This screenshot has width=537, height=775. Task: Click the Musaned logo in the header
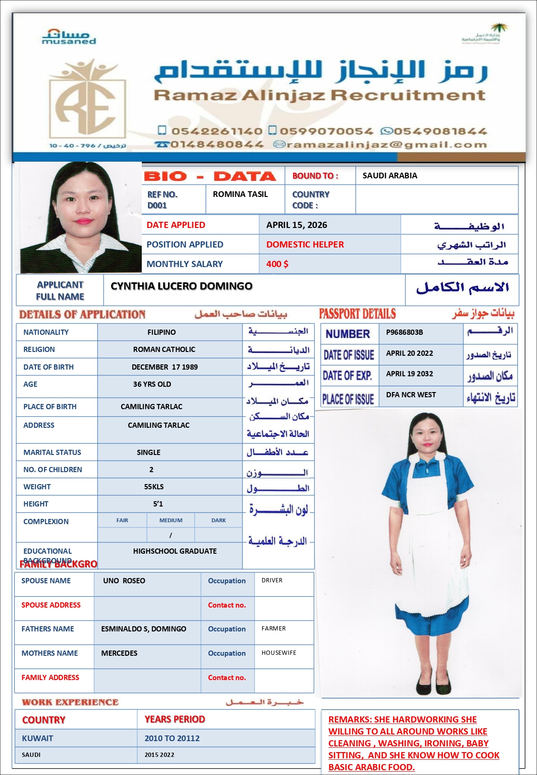click(69, 36)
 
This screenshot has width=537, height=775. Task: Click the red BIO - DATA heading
click(211, 176)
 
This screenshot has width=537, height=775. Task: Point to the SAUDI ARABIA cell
click(390, 176)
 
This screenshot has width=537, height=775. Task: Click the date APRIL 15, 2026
click(296, 225)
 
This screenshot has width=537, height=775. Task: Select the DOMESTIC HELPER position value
click(305, 245)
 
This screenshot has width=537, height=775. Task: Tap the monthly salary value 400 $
click(277, 264)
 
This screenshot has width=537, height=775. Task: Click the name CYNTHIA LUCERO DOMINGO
click(181, 286)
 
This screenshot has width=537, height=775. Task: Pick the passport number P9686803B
click(404, 332)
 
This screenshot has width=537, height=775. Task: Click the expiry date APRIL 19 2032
click(409, 374)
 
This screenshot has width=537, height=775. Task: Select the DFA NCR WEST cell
click(411, 395)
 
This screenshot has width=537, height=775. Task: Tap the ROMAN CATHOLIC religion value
click(164, 350)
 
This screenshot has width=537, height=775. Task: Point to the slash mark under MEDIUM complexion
click(170, 536)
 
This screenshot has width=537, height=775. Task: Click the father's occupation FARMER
click(274, 629)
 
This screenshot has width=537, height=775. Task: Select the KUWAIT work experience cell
click(38, 738)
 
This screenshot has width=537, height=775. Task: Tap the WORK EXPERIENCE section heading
click(70, 702)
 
